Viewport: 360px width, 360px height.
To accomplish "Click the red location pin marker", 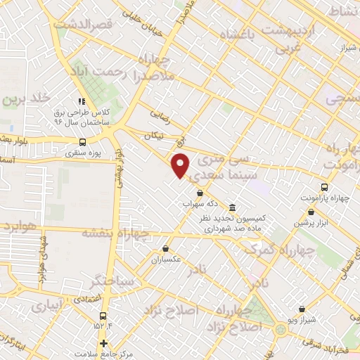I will pyautogui.click(x=181, y=165).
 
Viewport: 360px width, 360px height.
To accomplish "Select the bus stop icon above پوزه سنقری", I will pyautogui.click(x=84, y=141).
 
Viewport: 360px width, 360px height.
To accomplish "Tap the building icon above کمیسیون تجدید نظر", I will pyautogui.click(x=233, y=206).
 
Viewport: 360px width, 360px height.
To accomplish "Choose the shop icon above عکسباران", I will pyautogui.click(x=165, y=248).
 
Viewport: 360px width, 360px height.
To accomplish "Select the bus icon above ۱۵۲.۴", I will pyautogui.click(x=104, y=316).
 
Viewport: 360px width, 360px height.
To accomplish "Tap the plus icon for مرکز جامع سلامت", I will pyautogui.click(x=104, y=343).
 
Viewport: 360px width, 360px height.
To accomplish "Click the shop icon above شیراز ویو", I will pyautogui.click(x=302, y=309).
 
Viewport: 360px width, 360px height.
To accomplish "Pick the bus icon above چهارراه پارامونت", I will pyautogui.click(x=323, y=187).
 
